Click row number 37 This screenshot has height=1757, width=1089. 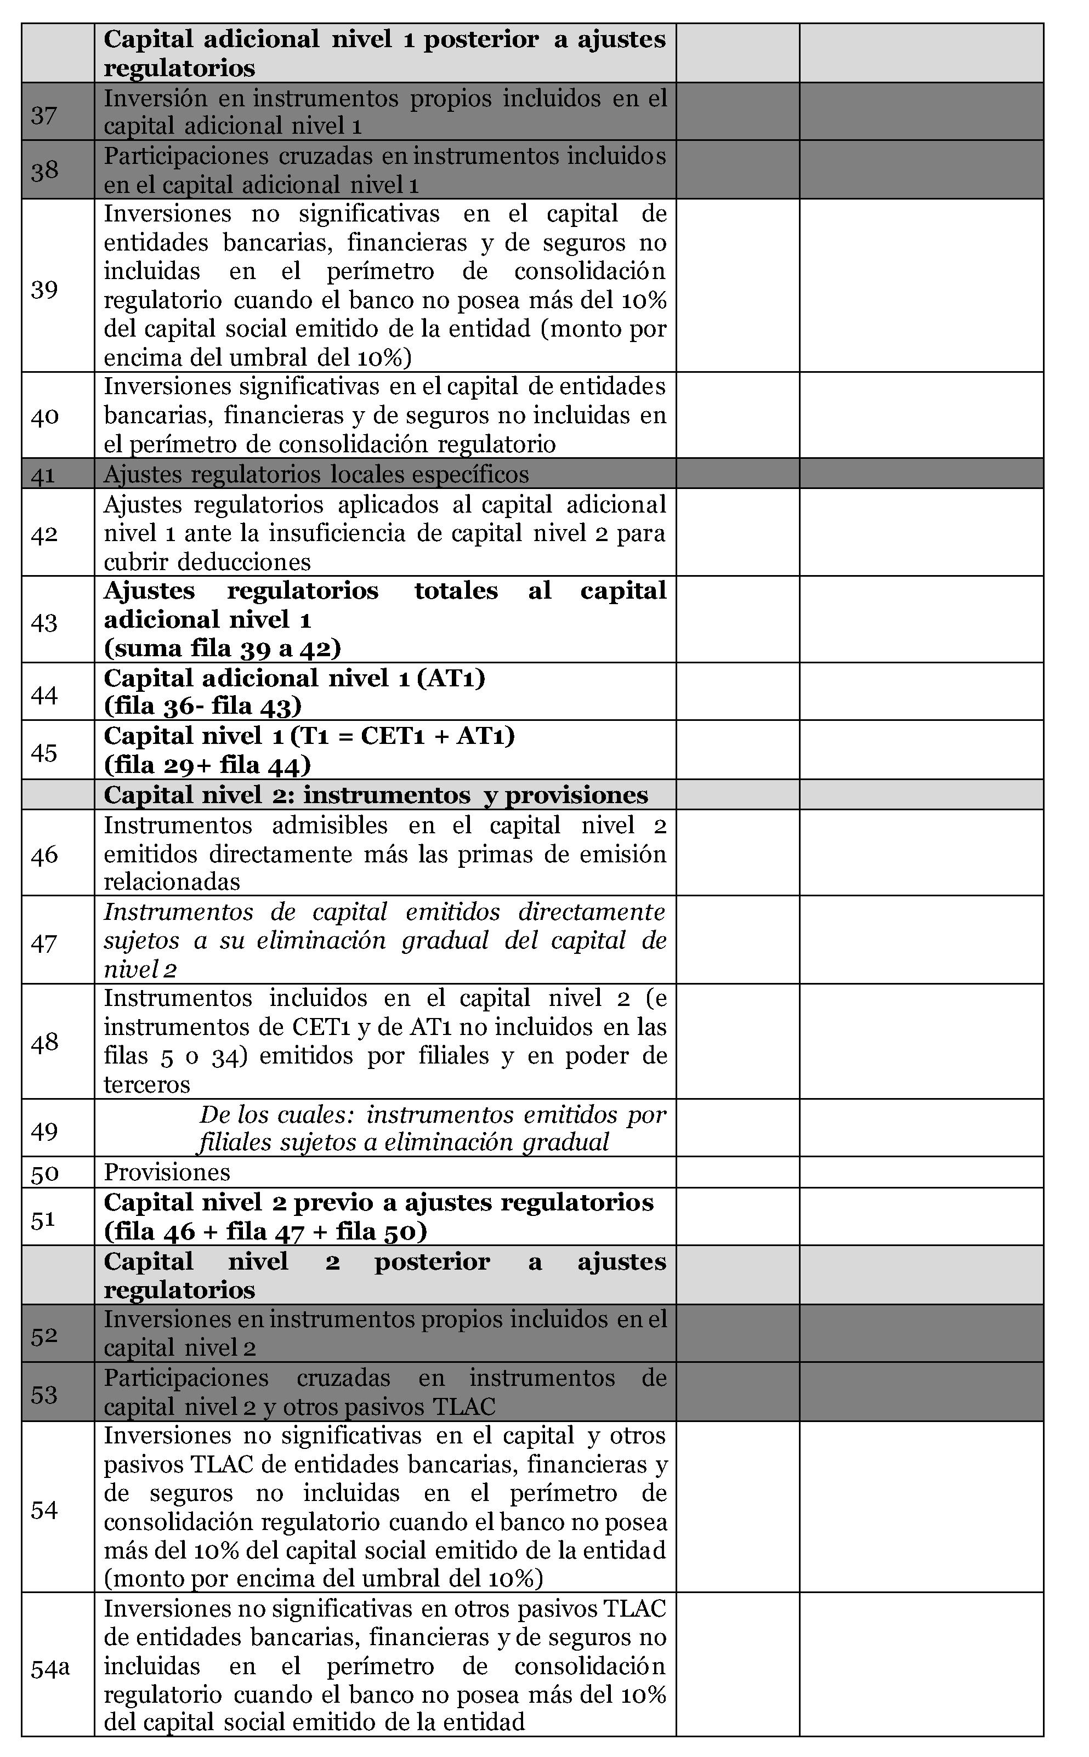tap(44, 115)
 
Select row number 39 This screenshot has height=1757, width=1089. tap(44, 289)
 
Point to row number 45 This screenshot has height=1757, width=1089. tap(44, 753)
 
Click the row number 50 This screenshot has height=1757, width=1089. tap(44, 1174)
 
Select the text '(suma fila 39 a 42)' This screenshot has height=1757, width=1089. tap(222, 648)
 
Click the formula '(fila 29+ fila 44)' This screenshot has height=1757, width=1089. tap(207, 765)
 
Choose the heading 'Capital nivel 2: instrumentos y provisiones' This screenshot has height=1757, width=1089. tap(375, 795)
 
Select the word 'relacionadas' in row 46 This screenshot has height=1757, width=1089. tap(172, 882)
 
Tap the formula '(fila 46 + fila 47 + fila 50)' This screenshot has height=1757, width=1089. tap(265, 1231)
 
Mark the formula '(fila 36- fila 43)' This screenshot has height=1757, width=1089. tap(202, 707)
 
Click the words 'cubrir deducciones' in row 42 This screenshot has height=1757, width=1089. tap(207, 562)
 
